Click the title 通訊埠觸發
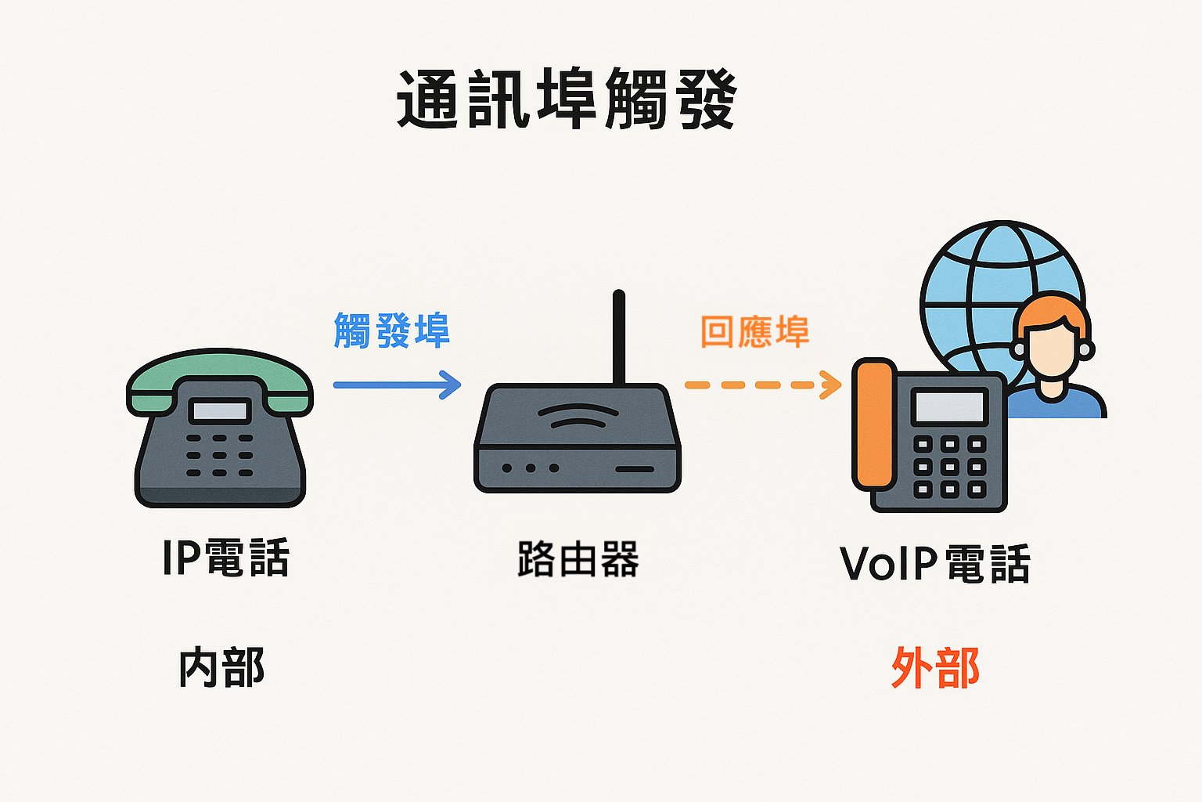pos(567,99)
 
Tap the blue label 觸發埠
pos(392,331)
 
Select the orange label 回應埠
pos(755,331)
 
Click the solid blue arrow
pos(397,385)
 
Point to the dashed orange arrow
pos(763,385)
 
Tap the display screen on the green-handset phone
pos(219,411)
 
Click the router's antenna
pos(619,338)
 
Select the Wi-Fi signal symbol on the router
pos(578,417)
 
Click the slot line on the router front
pos(635,469)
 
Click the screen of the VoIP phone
pos(949,406)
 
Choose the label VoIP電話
pos(935,563)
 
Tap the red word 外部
pos(935,668)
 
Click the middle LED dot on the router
pos(530,468)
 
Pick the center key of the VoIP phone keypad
pos(949,467)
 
